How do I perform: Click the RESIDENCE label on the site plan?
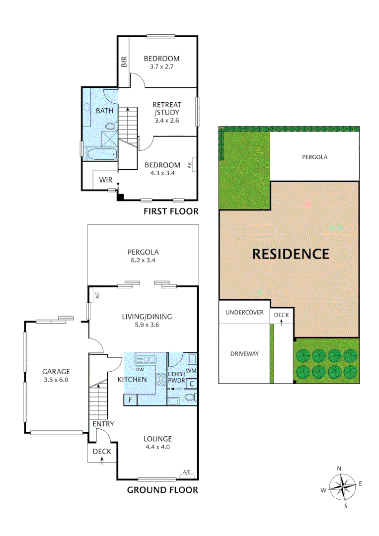[291, 254]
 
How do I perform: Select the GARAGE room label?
[56, 371]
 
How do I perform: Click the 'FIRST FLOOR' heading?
[171, 211]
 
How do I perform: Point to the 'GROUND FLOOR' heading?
[163, 490]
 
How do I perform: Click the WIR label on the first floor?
[105, 180]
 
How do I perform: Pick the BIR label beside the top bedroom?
[124, 62]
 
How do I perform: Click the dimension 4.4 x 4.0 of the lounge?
[158, 447]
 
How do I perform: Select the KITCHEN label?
[132, 380]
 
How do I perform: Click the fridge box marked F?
[130, 400]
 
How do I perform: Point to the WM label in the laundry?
[191, 371]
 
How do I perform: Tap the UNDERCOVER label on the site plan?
[244, 313]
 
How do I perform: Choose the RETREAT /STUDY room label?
[167, 109]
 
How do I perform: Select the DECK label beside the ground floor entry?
[102, 451]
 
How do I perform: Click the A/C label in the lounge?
[187, 471]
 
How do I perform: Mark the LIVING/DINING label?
[143, 316]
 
